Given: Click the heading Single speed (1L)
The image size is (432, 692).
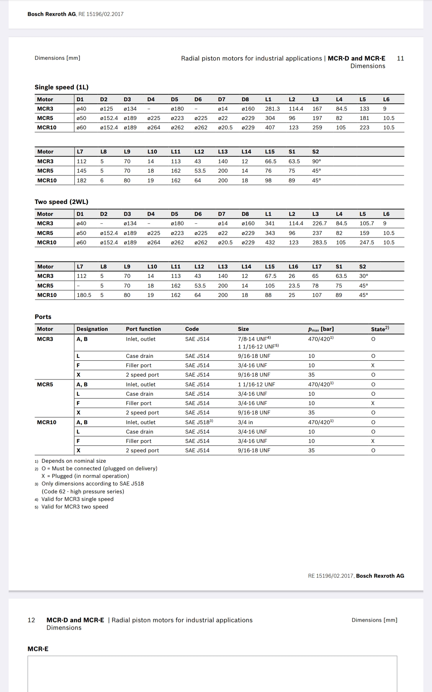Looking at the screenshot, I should [x=62, y=87].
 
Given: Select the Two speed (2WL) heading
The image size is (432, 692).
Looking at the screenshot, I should [x=62, y=202].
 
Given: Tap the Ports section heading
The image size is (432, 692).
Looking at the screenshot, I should [x=43, y=317].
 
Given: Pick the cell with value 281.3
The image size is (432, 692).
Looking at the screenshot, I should [x=273, y=109].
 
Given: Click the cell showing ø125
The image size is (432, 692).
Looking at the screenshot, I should [x=106, y=109].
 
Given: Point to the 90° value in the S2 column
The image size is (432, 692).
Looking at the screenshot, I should [x=316, y=161].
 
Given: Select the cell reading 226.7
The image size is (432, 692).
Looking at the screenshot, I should [x=319, y=223].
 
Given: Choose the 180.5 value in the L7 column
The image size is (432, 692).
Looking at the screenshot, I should [x=84, y=295].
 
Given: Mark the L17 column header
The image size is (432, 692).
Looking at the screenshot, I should [x=317, y=267].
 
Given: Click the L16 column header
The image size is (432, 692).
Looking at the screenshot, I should [x=293, y=267].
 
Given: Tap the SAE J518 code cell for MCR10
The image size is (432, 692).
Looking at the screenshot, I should [x=199, y=422].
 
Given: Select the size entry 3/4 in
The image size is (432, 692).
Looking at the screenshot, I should [x=246, y=422].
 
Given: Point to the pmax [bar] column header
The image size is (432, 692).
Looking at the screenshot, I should [x=321, y=329].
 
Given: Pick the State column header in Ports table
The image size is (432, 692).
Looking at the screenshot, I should [x=380, y=329].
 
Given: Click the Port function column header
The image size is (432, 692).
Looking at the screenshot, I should [x=143, y=329].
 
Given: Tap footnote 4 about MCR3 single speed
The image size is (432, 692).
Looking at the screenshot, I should [x=77, y=499].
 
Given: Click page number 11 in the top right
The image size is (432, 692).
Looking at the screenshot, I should [x=400, y=58].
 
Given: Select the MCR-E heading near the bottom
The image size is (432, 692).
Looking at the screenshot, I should [x=38, y=649].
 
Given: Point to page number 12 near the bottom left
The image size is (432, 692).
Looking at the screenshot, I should [x=31, y=620].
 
